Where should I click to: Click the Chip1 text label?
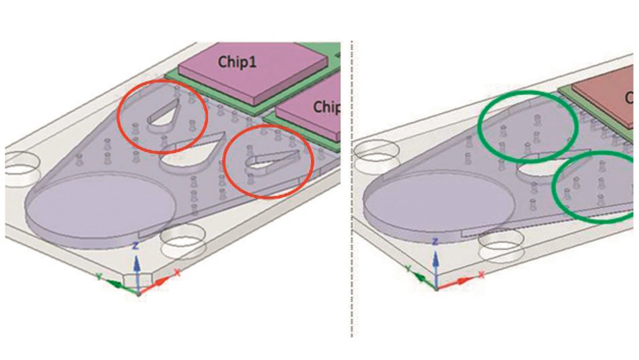(x=237, y=62)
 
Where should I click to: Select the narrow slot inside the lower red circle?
(x=270, y=161)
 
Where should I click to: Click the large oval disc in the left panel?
(x=100, y=205)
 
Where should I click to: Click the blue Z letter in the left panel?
(x=135, y=246)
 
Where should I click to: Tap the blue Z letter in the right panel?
(x=436, y=243)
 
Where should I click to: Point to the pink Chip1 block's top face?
(x=252, y=67)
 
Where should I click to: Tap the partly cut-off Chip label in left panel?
(x=326, y=107)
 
